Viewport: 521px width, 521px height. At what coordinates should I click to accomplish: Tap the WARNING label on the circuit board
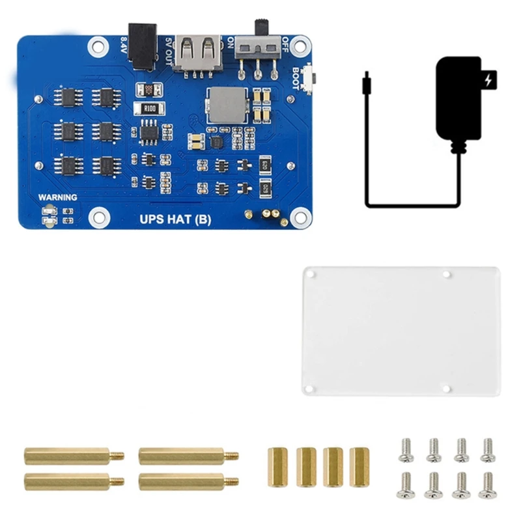[57, 197]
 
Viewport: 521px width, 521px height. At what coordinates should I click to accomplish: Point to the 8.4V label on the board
[124, 47]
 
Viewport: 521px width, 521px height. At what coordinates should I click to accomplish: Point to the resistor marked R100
[149, 109]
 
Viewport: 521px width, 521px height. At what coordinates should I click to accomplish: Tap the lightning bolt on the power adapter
[488, 81]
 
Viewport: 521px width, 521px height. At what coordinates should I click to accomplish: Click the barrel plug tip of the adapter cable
[367, 77]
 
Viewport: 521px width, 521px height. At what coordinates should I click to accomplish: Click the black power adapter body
[458, 98]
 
